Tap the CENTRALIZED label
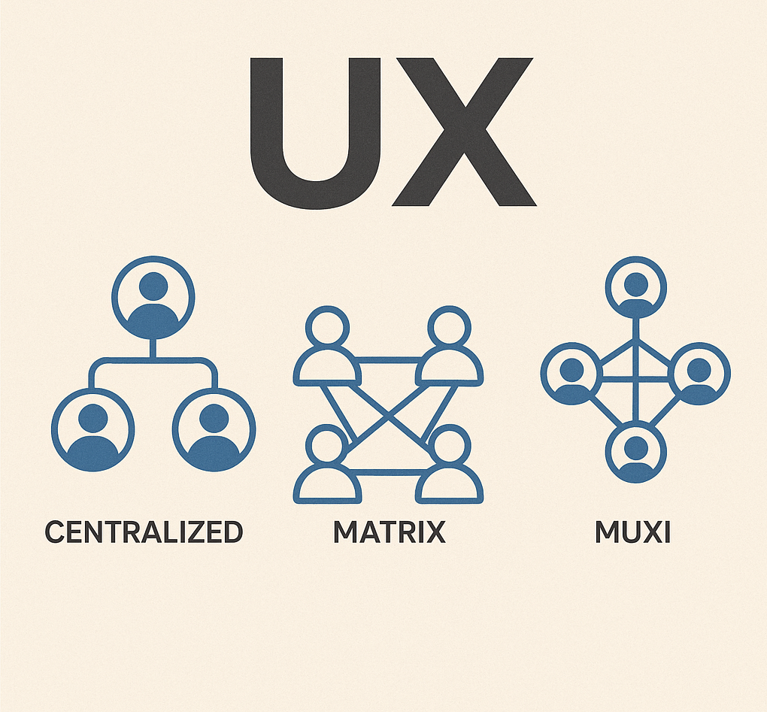pos(144,532)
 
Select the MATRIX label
pos(390,532)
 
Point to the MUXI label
pos(632,532)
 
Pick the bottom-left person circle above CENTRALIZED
pos(92,429)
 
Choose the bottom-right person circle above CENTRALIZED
pos(214,429)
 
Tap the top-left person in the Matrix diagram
pos(327,350)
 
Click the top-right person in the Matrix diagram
pos(449,350)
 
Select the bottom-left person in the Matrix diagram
pos(327,466)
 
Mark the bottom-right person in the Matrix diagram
pos(449,466)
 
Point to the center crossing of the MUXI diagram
pos(636,375)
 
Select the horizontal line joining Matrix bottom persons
pos(388,472)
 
